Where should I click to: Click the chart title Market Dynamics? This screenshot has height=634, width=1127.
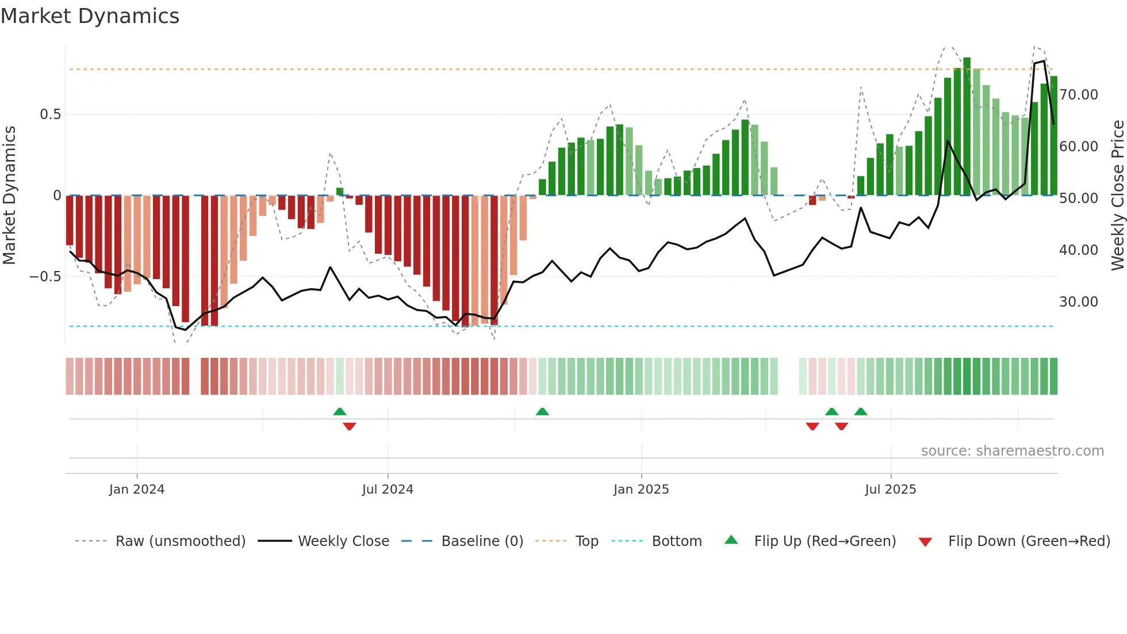(90, 16)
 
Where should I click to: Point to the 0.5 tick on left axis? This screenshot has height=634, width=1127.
(50, 114)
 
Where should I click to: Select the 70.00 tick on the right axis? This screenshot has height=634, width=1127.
(1078, 95)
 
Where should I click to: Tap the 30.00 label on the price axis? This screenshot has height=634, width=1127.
(1078, 302)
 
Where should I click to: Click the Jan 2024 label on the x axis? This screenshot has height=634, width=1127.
(137, 490)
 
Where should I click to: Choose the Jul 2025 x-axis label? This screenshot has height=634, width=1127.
(890, 490)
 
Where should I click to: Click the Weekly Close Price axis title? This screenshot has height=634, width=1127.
(1117, 196)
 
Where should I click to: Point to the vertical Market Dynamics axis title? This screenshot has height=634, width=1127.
(9, 196)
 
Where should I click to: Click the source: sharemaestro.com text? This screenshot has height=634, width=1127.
(1012, 451)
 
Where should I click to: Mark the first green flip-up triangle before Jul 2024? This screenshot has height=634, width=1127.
(340, 412)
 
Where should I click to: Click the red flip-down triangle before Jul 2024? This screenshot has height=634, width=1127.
(349, 426)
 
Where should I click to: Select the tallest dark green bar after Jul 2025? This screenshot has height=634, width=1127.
(967, 127)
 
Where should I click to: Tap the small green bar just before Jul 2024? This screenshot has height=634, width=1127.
(340, 192)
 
